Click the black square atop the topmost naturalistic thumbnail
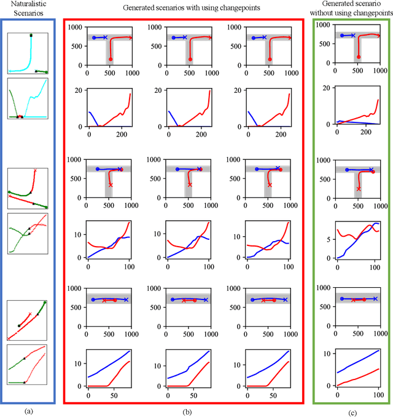pyautogui.click(x=31, y=36)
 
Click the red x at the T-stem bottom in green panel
pyautogui.click(x=359, y=188)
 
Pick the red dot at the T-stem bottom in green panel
pyautogui.click(x=359, y=57)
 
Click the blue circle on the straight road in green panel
pyautogui.click(x=342, y=299)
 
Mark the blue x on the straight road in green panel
pyautogui.click(x=375, y=299)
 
